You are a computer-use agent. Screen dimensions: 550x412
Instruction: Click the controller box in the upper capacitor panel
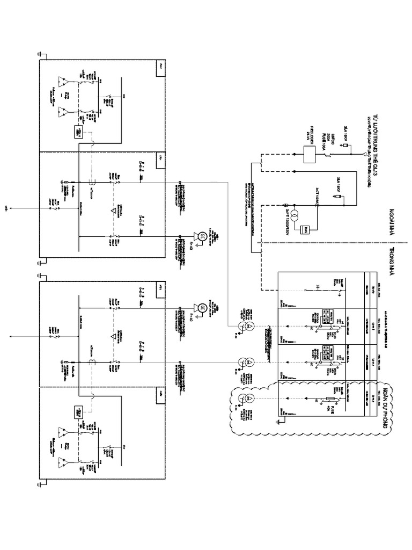coord(76,132)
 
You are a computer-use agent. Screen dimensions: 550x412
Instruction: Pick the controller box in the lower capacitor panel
coord(76,412)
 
